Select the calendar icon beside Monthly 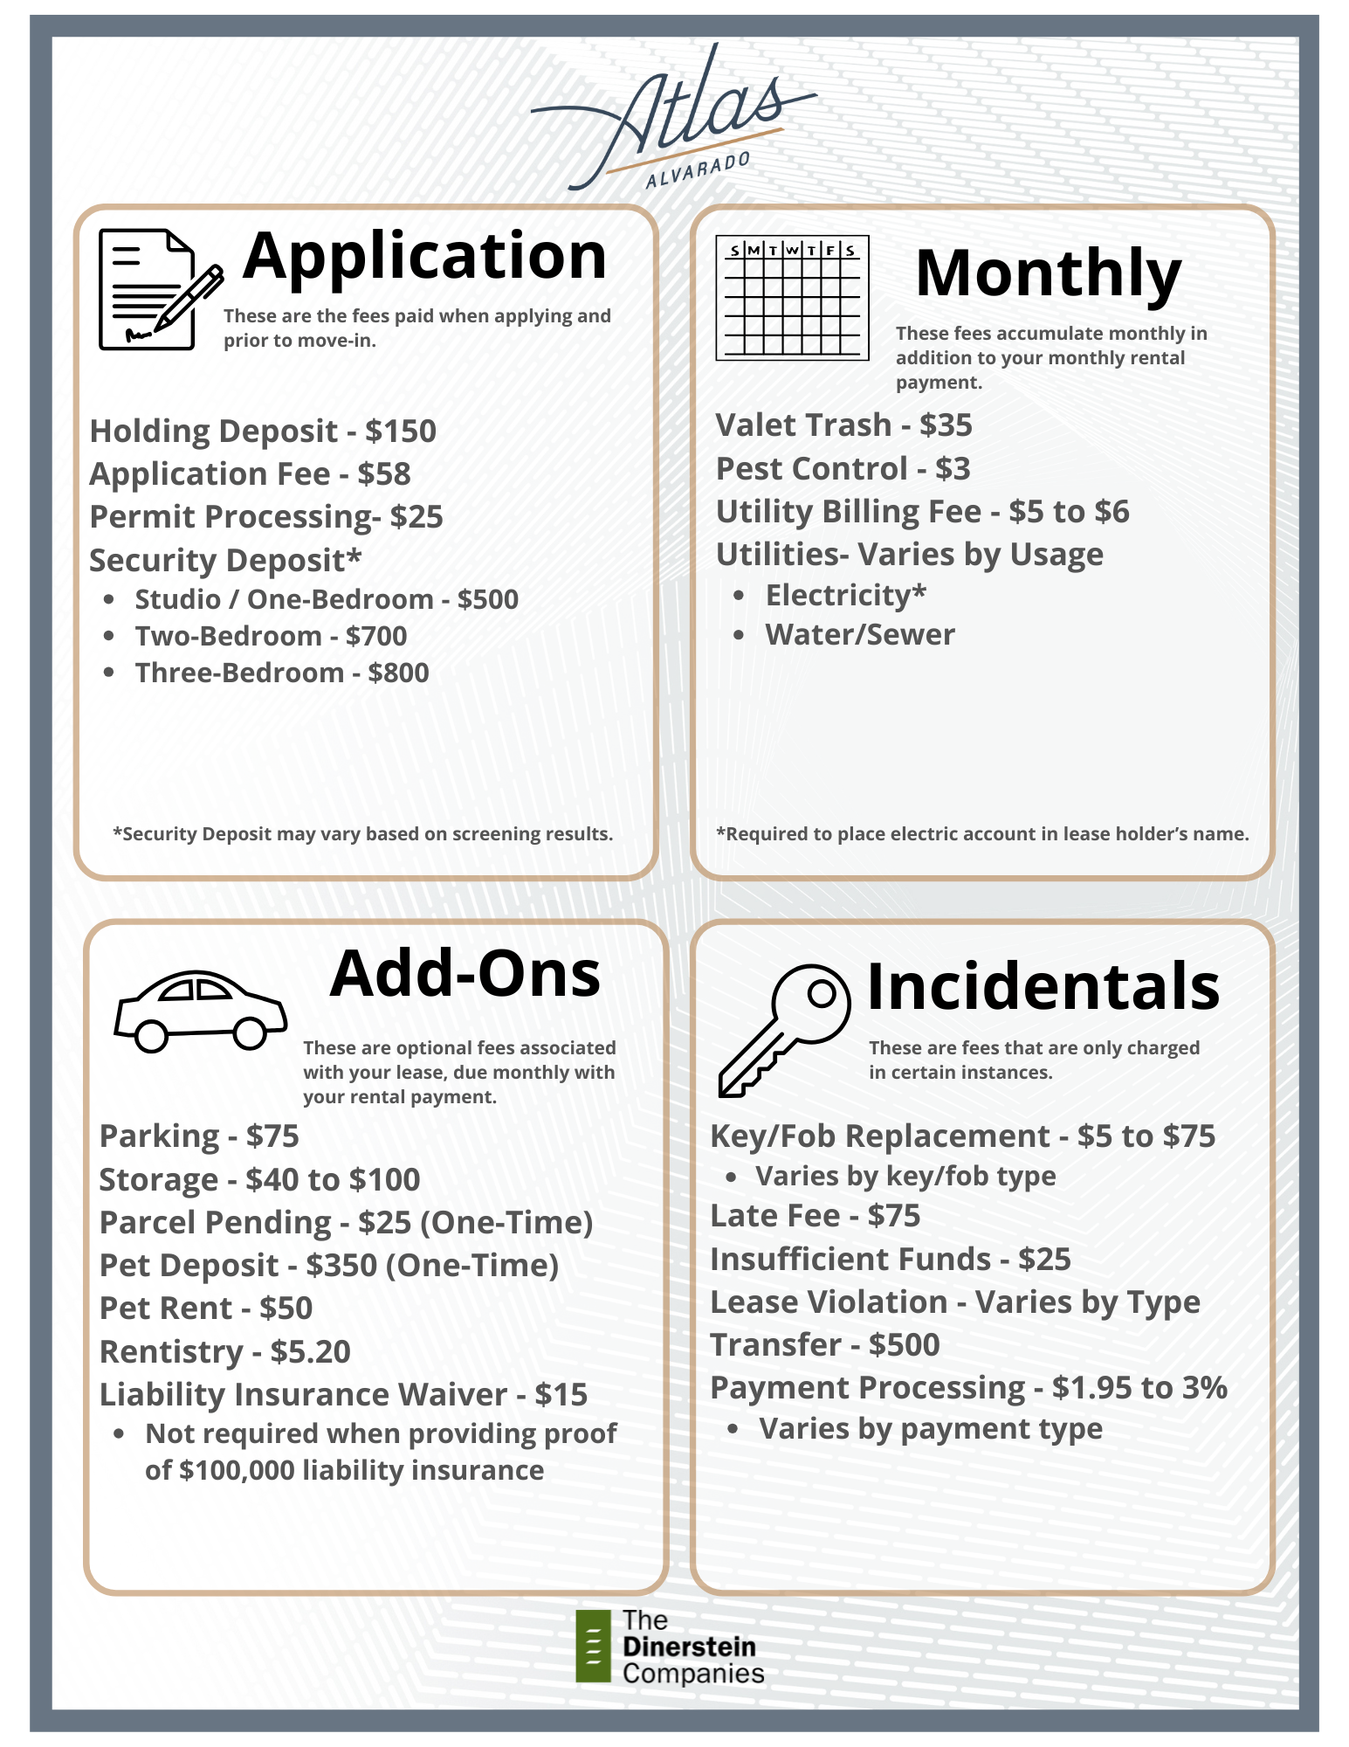tap(792, 298)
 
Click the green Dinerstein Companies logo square tap(593, 1646)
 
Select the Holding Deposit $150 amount tap(401, 432)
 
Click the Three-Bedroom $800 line tap(281, 673)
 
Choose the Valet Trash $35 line tap(843, 425)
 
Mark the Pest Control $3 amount tap(953, 469)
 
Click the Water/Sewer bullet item tap(859, 635)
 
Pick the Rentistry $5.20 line tap(224, 1351)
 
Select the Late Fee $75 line tap(815, 1216)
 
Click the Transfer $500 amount tap(904, 1345)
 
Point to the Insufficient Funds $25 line tap(890, 1260)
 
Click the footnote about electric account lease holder tap(982, 834)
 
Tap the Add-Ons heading tap(465, 974)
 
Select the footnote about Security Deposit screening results tap(362, 834)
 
